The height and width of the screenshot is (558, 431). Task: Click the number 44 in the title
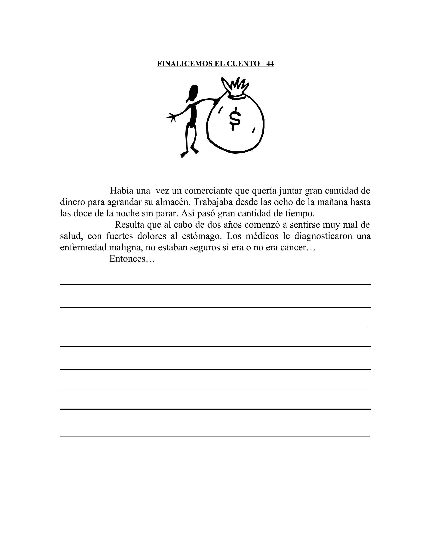270,64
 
